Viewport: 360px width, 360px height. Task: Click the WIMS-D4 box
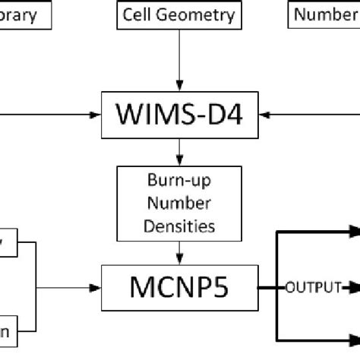coord(179,114)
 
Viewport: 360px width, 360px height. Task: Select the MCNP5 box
coord(179,288)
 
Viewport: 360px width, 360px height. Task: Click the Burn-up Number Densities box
coord(179,203)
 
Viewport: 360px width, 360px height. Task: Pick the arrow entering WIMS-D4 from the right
coord(311,115)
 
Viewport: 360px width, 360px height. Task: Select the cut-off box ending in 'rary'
coord(26,14)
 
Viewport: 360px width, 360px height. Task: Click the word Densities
coord(179,225)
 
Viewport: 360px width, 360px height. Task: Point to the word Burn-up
coord(179,182)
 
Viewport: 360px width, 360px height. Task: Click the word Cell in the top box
coord(141,14)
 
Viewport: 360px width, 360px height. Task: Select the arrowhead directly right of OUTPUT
coord(352,288)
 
